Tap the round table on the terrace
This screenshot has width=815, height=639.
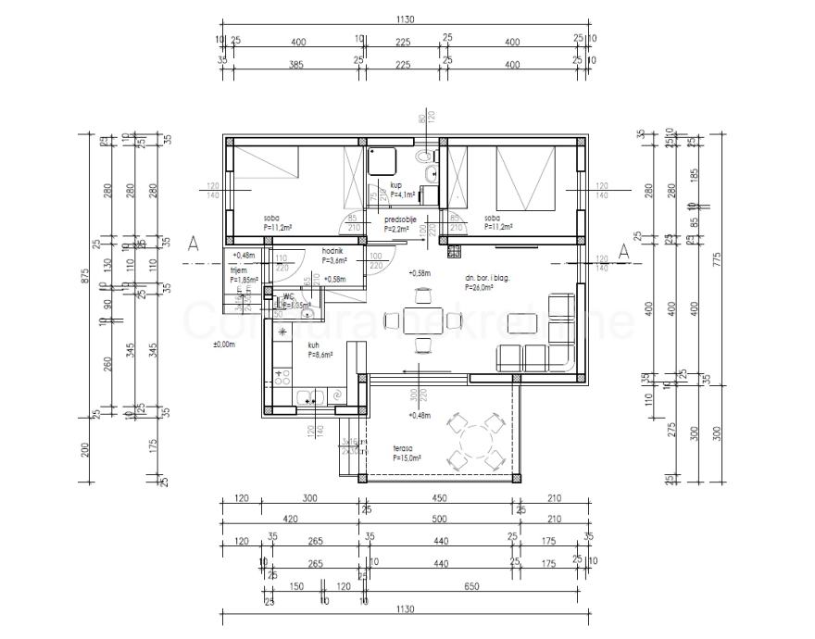pyautogui.click(x=472, y=443)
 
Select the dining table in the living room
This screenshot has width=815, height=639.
pyautogui.click(x=423, y=320)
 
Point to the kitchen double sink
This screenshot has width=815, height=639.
pyautogui.click(x=308, y=397)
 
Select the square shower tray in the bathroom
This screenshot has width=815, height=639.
pyautogui.click(x=382, y=160)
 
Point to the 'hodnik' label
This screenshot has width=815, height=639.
pyautogui.click(x=333, y=251)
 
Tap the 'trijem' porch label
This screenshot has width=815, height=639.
pyautogui.click(x=239, y=269)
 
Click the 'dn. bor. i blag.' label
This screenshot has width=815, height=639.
pyautogui.click(x=489, y=277)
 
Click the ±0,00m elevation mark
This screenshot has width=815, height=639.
pyautogui.click(x=224, y=344)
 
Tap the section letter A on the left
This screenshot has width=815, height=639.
pyautogui.click(x=194, y=244)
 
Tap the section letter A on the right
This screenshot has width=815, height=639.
pyautogui.click(x=623, y=250)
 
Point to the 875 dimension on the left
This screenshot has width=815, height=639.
pyautogui.click(x=85, y=282)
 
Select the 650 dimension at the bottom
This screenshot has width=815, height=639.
pyautogui.click(x=473, y=587)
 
